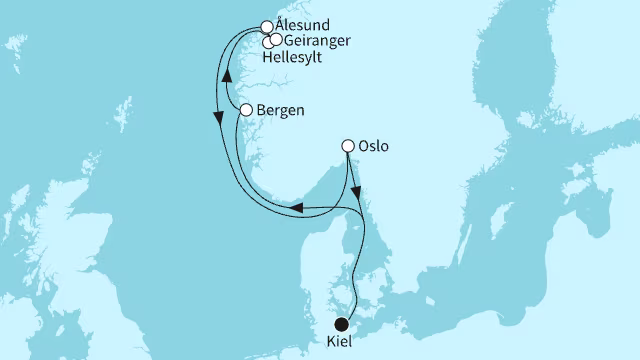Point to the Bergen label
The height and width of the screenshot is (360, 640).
pos(280,111)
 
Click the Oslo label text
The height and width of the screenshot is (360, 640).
pos(372,146)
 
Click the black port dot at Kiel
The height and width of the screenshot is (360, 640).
pos(342,324)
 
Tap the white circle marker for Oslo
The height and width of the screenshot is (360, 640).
pos(349,146)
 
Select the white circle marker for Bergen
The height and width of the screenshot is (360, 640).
pos(246,111)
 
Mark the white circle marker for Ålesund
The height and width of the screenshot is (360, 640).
pos(267,27)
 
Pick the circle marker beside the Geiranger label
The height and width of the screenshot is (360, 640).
pos(275,39)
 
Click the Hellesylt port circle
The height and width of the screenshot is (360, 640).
pos(268,42)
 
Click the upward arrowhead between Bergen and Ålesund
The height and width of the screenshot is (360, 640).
pos(227,76)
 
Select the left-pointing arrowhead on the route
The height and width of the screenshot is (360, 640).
pos(297,208)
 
